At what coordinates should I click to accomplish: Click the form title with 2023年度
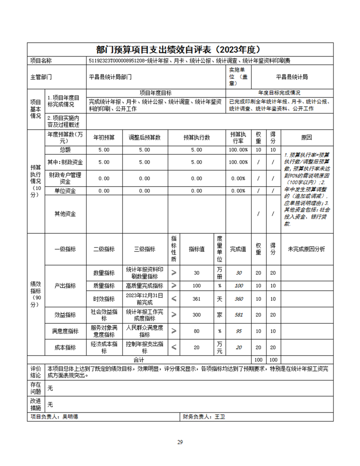(180, 49)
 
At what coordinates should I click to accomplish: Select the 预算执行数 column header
(196, 137)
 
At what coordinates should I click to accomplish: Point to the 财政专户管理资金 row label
(65, 178)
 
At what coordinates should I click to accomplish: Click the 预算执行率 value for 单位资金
(238, 191)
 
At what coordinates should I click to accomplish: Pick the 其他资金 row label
(65, 214)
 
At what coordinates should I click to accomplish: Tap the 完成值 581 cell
(239, 315)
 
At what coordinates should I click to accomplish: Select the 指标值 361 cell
(196, 299)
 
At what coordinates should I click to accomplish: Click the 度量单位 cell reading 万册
(219, 273)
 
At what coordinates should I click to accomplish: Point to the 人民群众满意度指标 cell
(144, 331)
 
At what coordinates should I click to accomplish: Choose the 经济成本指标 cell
(104, 348)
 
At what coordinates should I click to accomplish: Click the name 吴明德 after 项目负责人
(70, 417)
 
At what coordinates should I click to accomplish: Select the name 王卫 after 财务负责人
(219, 417)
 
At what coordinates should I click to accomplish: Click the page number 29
(180, 442)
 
